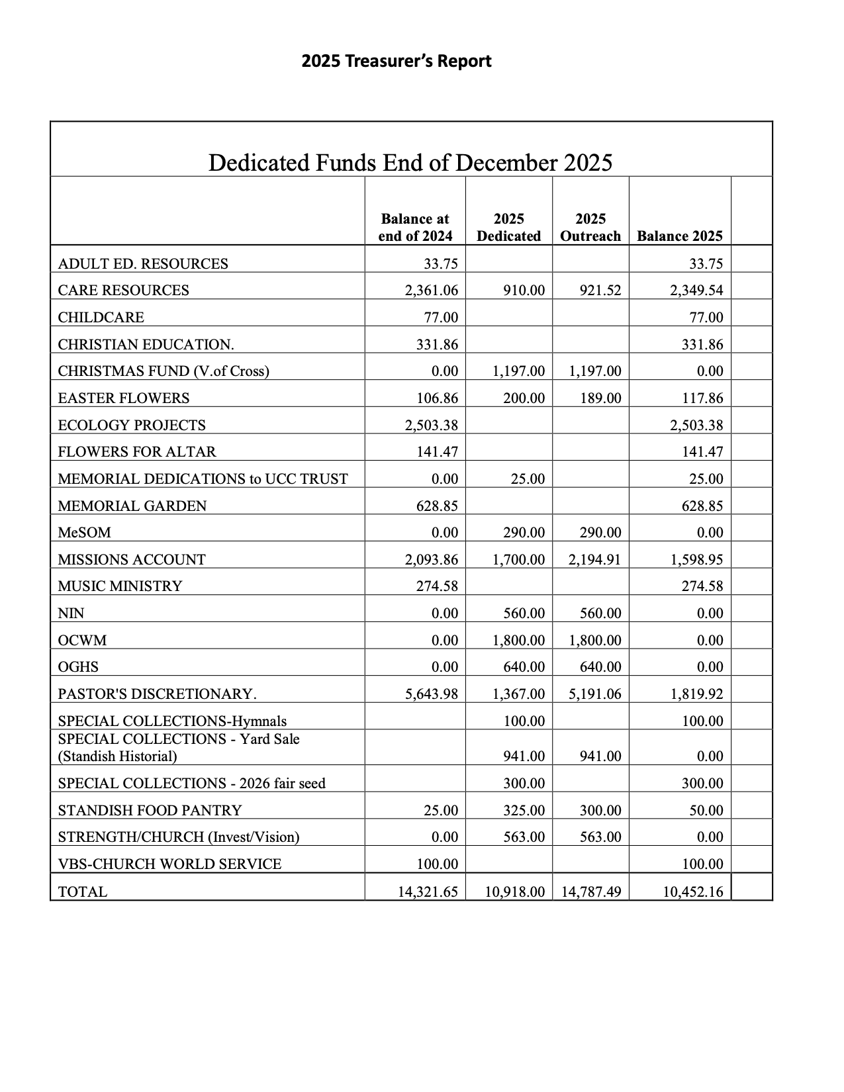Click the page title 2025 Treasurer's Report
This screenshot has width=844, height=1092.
(396, 62)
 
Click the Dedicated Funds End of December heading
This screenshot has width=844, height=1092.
(410, 162)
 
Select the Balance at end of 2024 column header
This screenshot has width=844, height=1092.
(415, 228)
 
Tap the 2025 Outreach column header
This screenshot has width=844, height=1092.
(590, 228)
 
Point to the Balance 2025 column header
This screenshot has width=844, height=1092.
(679, 236)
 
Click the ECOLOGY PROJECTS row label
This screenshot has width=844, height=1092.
(132, 425)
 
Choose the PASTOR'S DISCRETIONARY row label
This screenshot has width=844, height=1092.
(157, 694)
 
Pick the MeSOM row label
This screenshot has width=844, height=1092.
(85, 533)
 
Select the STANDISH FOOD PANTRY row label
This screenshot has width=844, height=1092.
(150, 810)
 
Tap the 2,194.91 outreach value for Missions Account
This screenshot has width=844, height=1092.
(594, 560)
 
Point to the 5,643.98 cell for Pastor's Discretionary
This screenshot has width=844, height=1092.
(431, 694)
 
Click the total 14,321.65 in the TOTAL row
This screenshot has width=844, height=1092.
(428, 892)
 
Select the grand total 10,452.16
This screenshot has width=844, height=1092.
(693, 892)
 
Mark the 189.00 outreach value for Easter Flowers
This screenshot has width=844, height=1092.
(600, 398)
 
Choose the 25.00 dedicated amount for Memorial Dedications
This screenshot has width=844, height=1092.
(528, 479)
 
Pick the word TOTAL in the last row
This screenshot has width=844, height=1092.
(82, 892)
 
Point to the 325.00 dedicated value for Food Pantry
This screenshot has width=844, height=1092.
(524, 810)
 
